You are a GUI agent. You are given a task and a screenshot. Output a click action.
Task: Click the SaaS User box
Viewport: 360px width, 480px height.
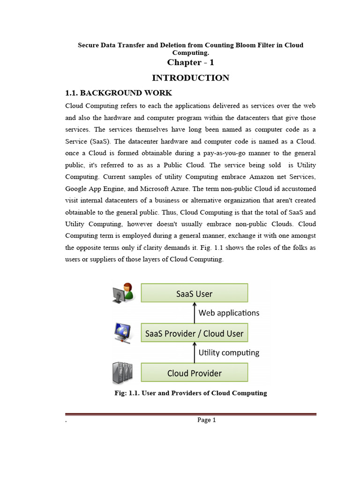point(195,293)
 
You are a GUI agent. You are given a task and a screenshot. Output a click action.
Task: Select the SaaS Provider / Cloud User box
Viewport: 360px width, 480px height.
point(195,333)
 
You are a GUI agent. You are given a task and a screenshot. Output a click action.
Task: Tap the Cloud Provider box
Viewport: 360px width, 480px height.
point(195,373)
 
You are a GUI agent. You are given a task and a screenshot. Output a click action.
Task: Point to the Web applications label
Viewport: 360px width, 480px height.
point(229,313)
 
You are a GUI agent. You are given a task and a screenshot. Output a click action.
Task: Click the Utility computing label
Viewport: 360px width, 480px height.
point(229,352)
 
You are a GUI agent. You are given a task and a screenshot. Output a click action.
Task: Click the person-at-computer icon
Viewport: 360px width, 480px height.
point(123,292)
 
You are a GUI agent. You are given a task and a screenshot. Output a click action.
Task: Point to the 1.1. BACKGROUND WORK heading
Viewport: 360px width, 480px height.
point(119,93)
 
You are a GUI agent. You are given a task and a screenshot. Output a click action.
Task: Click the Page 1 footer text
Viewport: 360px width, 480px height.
point(206,420)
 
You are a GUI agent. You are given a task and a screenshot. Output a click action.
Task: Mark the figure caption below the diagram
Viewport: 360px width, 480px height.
point(191,393)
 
